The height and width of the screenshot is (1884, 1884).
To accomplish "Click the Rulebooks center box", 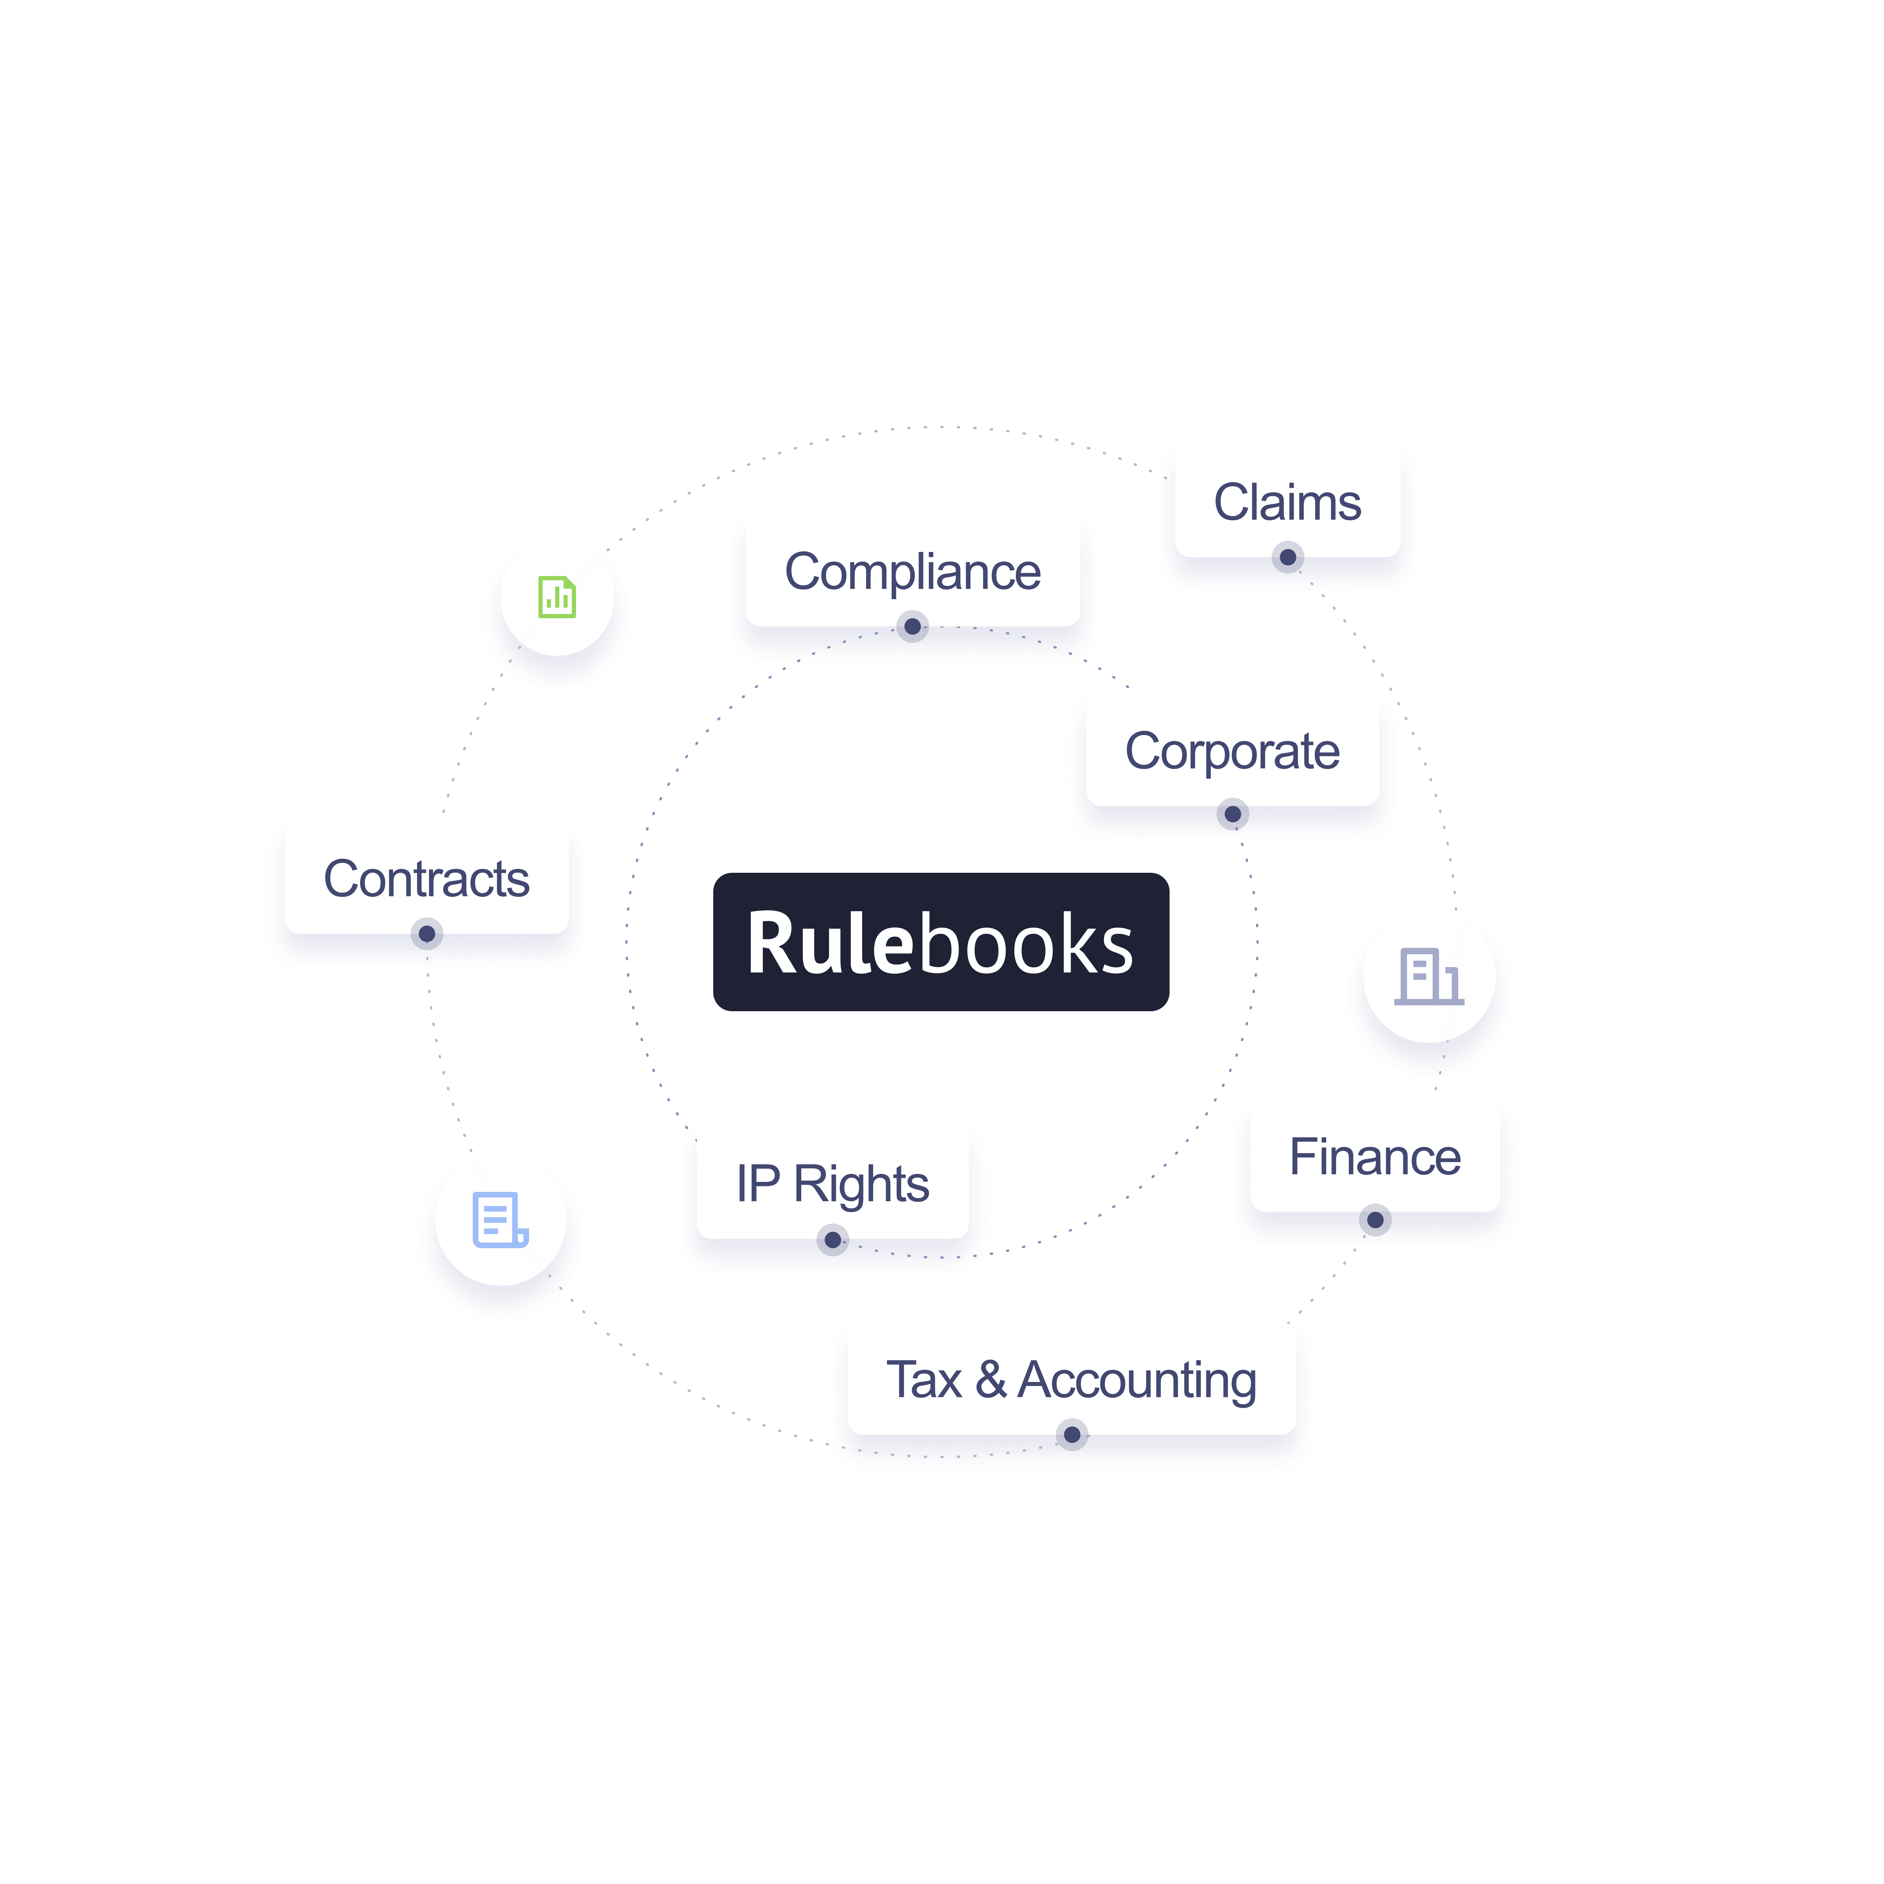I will click(x=941, y=942).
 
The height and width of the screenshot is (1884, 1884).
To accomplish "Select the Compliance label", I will click(x=913, y=571).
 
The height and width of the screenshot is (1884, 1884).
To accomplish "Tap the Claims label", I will click(x=1287, y=502).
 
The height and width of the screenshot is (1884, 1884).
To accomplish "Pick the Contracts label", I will click(x=426, y=879).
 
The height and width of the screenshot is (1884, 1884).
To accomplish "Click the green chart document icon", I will click(x=557, y=597).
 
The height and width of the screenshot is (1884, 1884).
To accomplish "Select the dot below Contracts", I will click(x=426, y=934).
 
